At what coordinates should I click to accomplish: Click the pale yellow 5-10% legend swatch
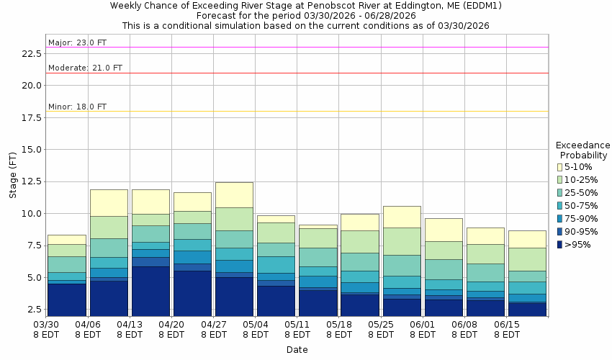(x=559, y=167)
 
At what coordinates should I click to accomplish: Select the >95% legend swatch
(x=559, y=245)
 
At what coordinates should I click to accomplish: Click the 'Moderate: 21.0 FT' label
(x=85, y=68)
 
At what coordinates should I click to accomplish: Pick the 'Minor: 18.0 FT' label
(x=77, y=107)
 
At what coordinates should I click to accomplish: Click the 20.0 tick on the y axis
(x=32, y=85)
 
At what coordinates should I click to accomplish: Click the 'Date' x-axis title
(x=297, y=350)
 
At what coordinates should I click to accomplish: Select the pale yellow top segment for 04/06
(x=109, y=202)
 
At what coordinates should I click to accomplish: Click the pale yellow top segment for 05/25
(x=402, y=217)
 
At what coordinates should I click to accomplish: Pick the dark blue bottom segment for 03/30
(x=66, y=299)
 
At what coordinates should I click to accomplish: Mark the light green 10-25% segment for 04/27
(x=234, y=219)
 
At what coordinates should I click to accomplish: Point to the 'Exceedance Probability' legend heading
(x=582, y=150)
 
